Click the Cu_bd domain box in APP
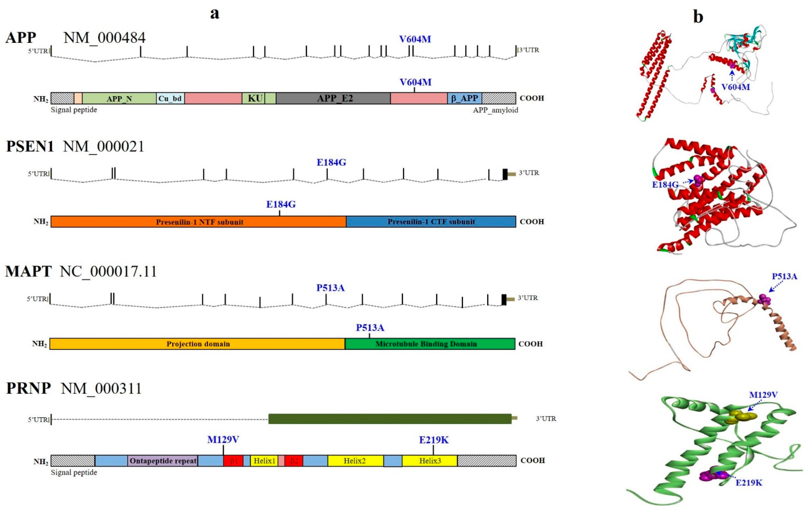pyautogui.click(x=170, y=98)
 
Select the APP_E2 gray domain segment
pyautogui.click(x=333, y=98)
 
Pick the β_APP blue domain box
pyautogui.click(x=464, y=98)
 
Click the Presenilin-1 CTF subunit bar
pyautogui.click(x=431, y=222)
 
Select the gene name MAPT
pyautogui.click(x=29, y=271)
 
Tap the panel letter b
pyautogui.click(x=698, y=17)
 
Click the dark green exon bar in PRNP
pyautogui.click(x=390, y=419)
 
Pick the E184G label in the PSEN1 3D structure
pyautogui.click(x=665, y=184)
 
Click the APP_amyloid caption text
pyautogui.click(x=495, y=110)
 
